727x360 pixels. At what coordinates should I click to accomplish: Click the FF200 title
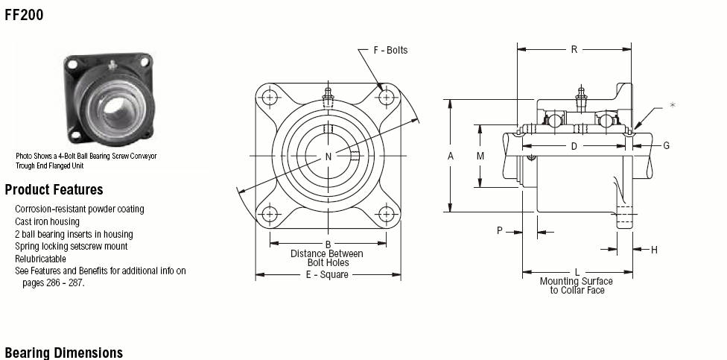pyautogui.click(x=24, y=15)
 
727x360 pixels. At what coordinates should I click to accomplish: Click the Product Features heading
pyautogui.click(x=54, y=190)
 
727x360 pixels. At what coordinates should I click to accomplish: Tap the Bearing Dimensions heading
pyautogui.click(x=63, y=353)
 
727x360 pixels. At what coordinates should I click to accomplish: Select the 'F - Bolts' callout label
pyautogui.click(x=390, y=50)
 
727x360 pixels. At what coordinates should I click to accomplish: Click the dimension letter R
pyautogui.click(x=574, y=49)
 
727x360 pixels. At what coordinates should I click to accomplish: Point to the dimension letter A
pyautogui.click(x=450, y=157)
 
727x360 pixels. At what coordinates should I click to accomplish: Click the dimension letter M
pyautogui.click(x=480, y=157)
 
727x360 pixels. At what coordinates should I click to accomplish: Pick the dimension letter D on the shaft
pyautogui.click(x=574, y=147)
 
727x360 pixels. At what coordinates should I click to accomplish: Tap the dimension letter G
pyautogui.click(x=666, y=145)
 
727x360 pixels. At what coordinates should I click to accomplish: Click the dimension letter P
pyautogui.click(x=500, y=230)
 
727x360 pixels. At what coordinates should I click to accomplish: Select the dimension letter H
pyautogui.click(x=654, y=250)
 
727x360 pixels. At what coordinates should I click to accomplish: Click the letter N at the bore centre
pyautogui.click(x=328, y=157)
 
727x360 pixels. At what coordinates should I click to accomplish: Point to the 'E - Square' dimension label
pyautogui.click(x=327, y=274)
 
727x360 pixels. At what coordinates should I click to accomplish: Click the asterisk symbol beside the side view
pyautogui.click(x=673, y=105)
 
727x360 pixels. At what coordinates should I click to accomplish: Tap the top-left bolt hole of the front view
pyautogui.click(x=270, y=98)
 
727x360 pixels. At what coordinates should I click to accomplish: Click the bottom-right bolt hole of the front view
pyautogui.click(x=387, y=214)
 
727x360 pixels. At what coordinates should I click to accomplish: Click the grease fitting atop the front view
pyautogui.click(x=328, y=97)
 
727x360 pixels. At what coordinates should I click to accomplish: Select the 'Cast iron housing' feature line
pyautogui.click(x=47, y=222)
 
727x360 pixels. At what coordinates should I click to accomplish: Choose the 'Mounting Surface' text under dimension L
pyautogui.click(x=577, y=282)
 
